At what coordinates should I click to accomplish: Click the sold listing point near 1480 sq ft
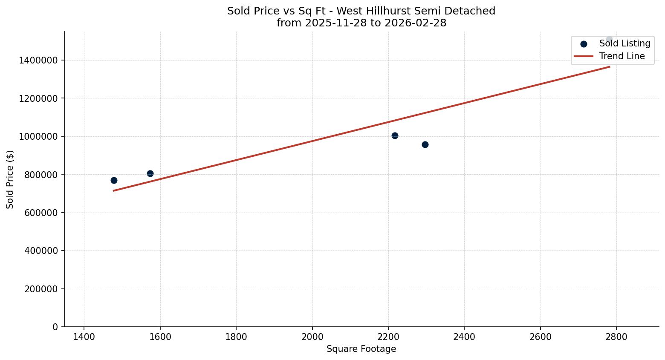click(x=114, y=180)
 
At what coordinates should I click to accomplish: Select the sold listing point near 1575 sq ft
click(x=150, y=173)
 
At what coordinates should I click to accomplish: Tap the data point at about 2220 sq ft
click(x=395, y=135)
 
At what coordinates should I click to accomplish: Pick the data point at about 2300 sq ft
click(x=425, y=144)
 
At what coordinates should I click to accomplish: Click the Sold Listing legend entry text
click(x=625, y=43)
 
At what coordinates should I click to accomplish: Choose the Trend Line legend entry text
click(x=622, y=56)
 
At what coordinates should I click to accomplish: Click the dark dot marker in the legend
click(x=584, y=44)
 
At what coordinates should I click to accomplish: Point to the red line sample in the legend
click(x=584, y=56)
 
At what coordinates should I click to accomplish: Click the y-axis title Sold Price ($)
click(x=10, y=179)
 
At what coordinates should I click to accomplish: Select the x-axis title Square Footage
click(x=361, y=349)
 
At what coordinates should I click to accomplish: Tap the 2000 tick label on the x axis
click(x=312, y=337)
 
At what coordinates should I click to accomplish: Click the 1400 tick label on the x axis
click(x=84, y=337)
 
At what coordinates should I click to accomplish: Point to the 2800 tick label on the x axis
click(x=616, y=337)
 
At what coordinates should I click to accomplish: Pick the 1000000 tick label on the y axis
click(x=38, y=136)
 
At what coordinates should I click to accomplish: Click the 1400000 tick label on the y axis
click(x=38, y=60)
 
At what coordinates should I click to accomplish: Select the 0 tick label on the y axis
click(x=55, y=327)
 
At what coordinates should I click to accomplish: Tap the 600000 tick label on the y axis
click(x=41, y=213)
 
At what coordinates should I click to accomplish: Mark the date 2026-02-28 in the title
click(x=415, y=23)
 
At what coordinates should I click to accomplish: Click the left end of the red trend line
click(x=114, y=190)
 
